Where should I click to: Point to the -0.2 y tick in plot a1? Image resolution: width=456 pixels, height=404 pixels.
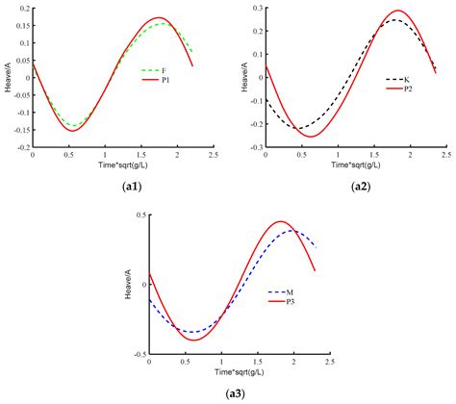tap(21, 148)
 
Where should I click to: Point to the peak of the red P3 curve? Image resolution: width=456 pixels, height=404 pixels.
tap(281, 222)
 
